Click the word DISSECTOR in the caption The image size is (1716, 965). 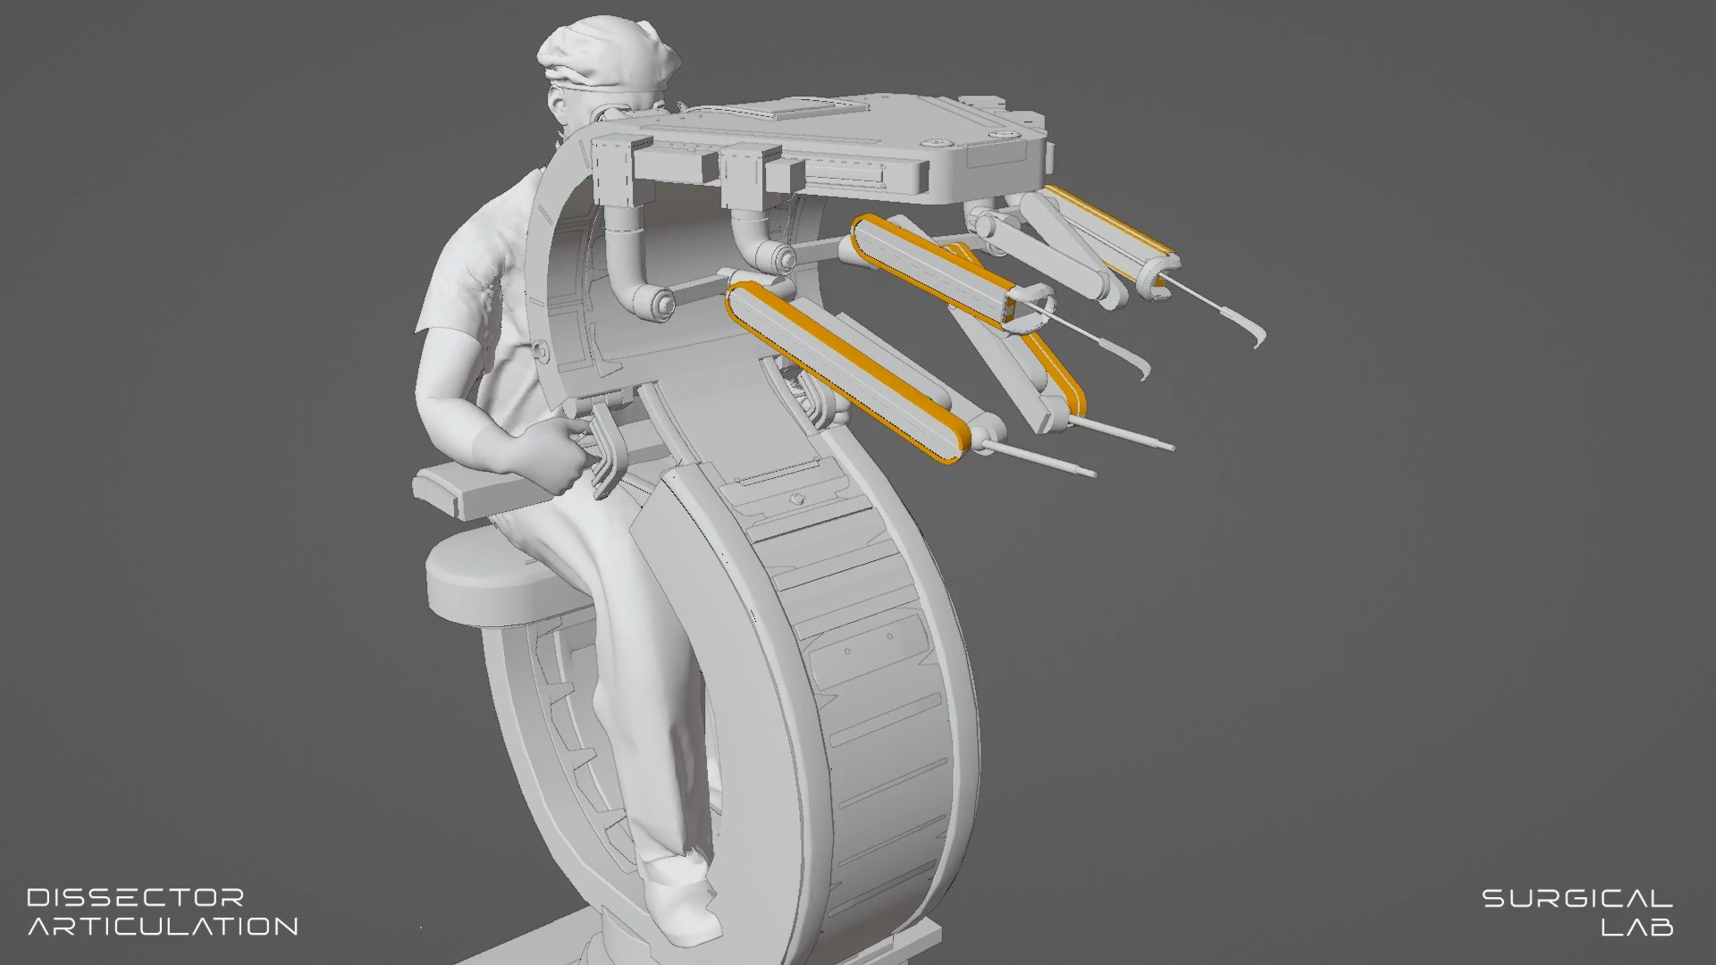(136, 897)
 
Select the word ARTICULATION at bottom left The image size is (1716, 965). (163, 926)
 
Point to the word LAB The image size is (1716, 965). (1637, 927)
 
